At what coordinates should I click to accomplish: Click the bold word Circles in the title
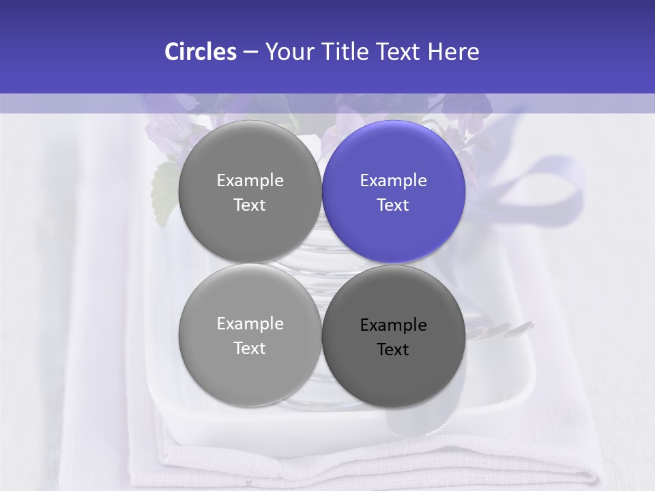[201, 52]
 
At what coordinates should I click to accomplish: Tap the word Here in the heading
[453, 52]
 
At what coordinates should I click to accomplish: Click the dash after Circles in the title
[250, 53]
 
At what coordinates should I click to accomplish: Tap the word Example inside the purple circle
[394, 181]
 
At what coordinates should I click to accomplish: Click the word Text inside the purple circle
[393, 205]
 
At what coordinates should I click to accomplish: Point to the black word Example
[394, 325]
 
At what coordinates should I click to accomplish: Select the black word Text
[393, 350]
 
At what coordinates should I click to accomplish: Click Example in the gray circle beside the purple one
[250, 181]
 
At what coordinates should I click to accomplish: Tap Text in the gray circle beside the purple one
[250, 205]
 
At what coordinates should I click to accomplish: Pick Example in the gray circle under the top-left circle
[250, 324]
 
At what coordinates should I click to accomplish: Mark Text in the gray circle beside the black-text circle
[250, 348]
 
